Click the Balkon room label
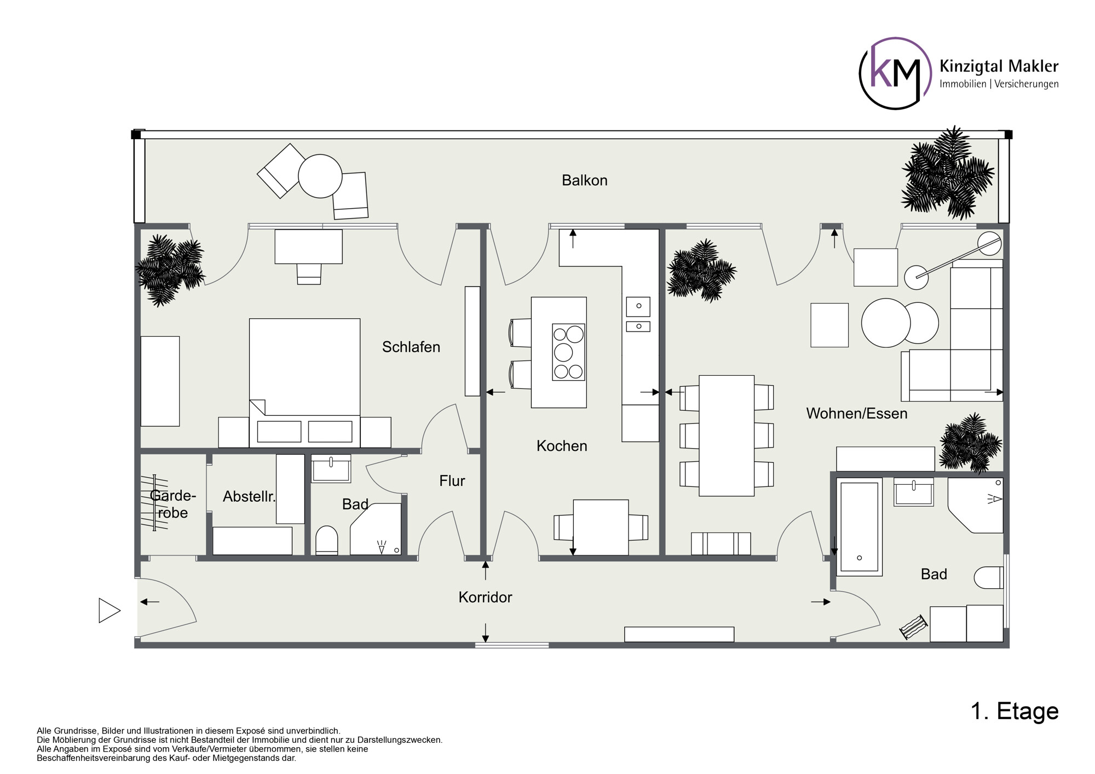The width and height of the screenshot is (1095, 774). [x=584, y=180]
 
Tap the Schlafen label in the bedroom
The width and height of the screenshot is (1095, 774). [x=411, y=347]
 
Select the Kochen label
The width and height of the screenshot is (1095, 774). [x=562, y=446]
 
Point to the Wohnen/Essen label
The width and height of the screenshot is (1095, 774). [x=856, y=413]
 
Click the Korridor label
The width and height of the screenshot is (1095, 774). [x=485, y=597]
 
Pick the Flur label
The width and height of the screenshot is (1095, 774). [x=452, y=481]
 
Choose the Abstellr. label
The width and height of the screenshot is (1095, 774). [x=249, y=496]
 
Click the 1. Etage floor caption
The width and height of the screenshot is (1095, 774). [x=1015, y=711]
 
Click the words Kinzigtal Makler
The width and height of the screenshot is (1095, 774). [x=999, y=66]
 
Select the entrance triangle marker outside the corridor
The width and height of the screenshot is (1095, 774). [x=109, y=610]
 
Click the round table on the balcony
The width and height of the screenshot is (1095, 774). [x=320, y=176]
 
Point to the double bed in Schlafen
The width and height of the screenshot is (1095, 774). [x=304, y=383]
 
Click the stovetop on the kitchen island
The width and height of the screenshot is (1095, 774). [x=568, y=352]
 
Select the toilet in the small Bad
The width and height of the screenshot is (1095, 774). [x=327, y=541]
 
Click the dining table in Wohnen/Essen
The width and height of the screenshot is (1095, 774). [x=727, y=435]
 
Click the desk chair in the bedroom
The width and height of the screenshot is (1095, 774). [x=309, y=274]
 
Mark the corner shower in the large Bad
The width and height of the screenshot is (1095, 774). [x=976, y=505]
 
